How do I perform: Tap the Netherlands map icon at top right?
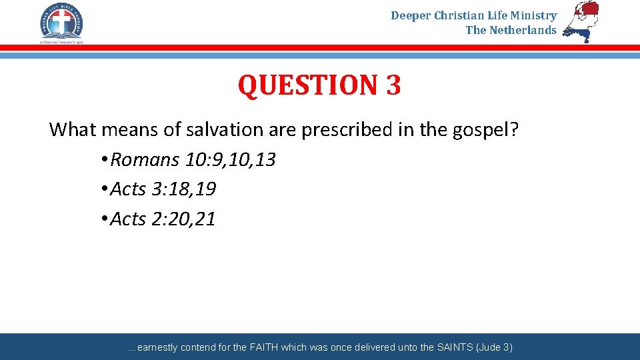tap(581, 21)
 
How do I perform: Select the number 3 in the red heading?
tap(393, 85)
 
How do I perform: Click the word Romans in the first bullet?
tap(145, 160)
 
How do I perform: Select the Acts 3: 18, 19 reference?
tap(163, 189)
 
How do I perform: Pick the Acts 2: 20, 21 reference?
tap(163, 219)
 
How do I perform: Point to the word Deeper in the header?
tap(411, 15)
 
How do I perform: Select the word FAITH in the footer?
tap(266, 347)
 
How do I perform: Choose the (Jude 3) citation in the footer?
tap(494, 347)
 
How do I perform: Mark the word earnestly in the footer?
tap(158, 347)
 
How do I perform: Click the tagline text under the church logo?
tap(61, 41)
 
